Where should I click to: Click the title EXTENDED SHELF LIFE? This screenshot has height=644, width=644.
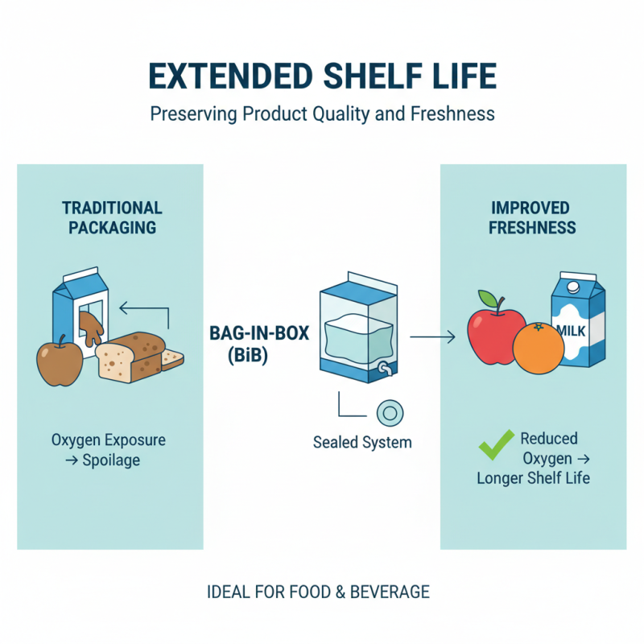[x=322, y=77]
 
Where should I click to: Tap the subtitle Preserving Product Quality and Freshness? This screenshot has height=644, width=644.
[x=322, y=114]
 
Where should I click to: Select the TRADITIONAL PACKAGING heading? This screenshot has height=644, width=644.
[x=112, y=217]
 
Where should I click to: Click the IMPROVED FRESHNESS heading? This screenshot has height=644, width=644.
[x=533, y=217]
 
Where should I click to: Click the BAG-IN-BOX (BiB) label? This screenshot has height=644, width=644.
[x=259, y=342]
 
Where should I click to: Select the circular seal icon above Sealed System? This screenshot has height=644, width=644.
[x=390, y=413]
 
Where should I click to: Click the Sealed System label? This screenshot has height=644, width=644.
[x=362, y=442]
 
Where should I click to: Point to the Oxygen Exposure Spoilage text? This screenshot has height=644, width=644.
[x=108, y=450]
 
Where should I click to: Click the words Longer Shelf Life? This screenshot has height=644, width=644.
[x=533, y=478]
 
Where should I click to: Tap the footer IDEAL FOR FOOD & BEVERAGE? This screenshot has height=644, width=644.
[x=318, y=592]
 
